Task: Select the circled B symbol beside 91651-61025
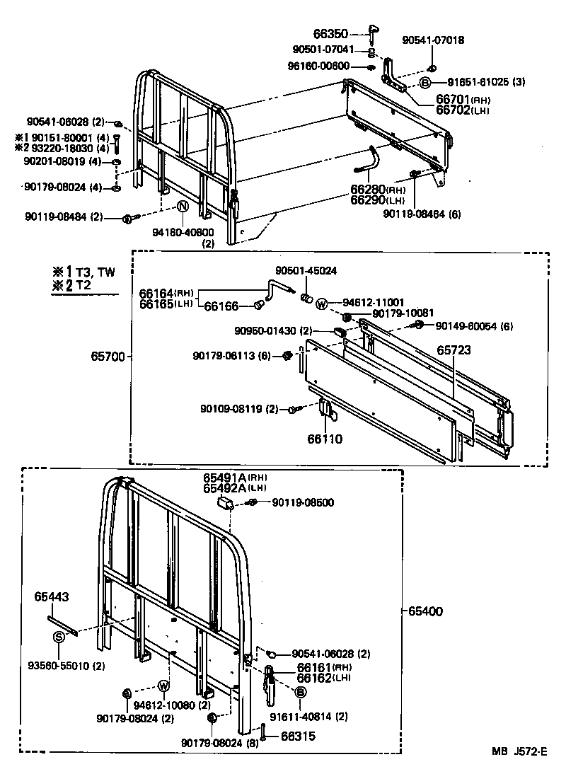[425, 83]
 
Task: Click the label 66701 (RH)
[454, 100]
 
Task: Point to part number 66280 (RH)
[368, 190]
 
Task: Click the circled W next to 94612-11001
[322, 305]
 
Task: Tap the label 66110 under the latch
[325, 439]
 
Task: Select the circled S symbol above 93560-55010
[59, 637]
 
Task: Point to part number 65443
[52, 597]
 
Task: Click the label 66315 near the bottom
[297, 737]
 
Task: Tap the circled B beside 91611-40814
[300, 692]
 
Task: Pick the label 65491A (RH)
[222, 478]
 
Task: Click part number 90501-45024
[306, 270]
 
